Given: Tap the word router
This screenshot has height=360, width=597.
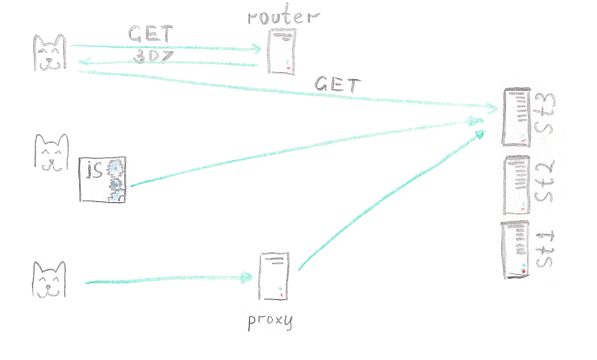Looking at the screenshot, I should click(282, 16).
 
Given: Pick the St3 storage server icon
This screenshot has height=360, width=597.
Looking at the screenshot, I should click(516, 117).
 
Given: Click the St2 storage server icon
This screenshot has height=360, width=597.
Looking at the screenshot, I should click(516, 185).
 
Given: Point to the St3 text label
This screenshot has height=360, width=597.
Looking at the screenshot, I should click(546, 117).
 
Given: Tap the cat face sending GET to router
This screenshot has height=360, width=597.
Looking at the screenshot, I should click(49, 53).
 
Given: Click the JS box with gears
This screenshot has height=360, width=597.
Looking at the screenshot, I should click(103, 180).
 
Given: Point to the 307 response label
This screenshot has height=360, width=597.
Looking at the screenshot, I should click(150, 56).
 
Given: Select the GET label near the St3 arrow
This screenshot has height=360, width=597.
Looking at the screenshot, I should click(337, 85).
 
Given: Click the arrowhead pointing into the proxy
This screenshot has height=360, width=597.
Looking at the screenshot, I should click(248, 276).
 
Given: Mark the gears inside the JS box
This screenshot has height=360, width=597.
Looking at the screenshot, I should click(115, 180).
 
